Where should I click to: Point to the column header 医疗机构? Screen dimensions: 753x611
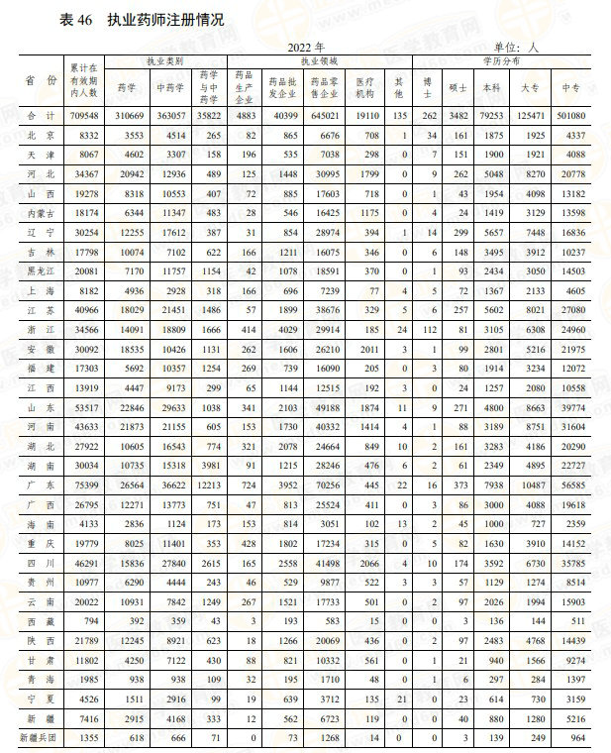coord(363,88)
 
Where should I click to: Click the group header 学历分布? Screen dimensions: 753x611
coord(501,61)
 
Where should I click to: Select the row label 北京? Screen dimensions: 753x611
coord(33,134)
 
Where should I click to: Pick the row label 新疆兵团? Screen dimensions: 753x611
coord(33,738)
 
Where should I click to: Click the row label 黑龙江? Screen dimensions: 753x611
coord(33,270)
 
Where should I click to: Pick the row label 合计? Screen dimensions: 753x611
coord(33,115)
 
